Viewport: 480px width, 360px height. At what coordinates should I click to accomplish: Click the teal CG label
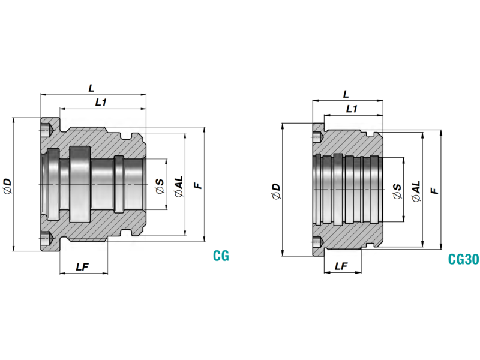(x=221, y=256)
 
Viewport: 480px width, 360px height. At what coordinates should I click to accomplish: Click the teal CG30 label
(x=463, y=260)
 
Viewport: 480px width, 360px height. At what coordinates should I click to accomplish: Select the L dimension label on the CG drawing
(x=91, y=88)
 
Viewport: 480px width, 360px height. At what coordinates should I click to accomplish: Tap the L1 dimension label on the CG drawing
(x=101, y=103)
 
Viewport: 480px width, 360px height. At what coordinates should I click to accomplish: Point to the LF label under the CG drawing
(x=83, y=266)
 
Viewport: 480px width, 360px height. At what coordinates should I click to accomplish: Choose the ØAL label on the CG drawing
(x=178, y=186)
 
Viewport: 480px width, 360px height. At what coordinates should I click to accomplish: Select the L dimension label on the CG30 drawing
(x=346, y=95)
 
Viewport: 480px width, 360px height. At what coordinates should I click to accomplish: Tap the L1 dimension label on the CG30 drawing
(x=352, y=109)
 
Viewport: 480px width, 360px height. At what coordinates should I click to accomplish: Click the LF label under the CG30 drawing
(x=341, y=266)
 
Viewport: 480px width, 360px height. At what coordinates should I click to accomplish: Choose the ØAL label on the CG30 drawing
(x=416, y=190)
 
